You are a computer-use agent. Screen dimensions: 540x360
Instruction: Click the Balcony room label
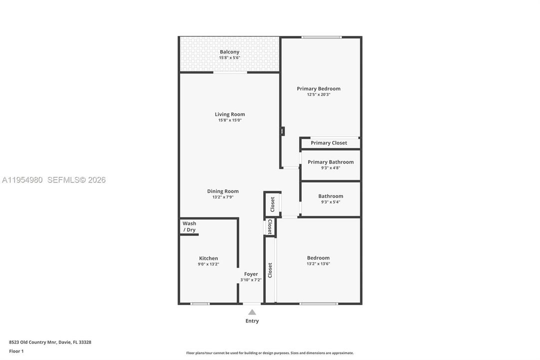tap(229, 51)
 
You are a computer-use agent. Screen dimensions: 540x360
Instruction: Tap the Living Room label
tap(230, 114)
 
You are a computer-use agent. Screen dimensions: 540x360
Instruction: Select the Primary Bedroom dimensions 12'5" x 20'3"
tap(319, 94)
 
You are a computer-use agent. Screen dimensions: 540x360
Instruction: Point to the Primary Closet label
tap(329, 143)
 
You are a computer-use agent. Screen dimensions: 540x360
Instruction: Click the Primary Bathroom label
tap(331, 162)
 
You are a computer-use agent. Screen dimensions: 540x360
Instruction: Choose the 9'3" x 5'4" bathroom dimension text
tap(331, 202)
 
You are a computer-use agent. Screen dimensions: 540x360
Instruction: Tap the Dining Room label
tap(223, 191)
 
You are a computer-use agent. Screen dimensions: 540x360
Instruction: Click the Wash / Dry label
tap(189, 226)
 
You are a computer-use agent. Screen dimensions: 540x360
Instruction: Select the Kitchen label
tap(208, 258)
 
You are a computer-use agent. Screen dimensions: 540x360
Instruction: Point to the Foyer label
tap(251, 274)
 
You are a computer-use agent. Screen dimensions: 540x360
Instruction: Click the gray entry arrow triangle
tap(252, 312)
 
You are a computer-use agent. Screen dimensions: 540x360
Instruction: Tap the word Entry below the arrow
tap(252, 320)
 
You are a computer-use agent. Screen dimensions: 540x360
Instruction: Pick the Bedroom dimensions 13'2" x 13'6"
tap(318, 264)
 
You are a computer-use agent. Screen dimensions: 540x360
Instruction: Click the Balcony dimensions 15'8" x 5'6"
tap(229, 57)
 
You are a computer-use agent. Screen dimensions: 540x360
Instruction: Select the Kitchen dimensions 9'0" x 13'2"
tap(208, 264)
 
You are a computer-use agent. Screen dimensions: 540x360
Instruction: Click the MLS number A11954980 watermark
tap(22, 179)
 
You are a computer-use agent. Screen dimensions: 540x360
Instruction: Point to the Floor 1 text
tap(16, 351)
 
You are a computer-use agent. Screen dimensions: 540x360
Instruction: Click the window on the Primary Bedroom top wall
tap(322, 37)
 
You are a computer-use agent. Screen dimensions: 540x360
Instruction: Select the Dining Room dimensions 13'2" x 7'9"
tap(223, 197)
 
